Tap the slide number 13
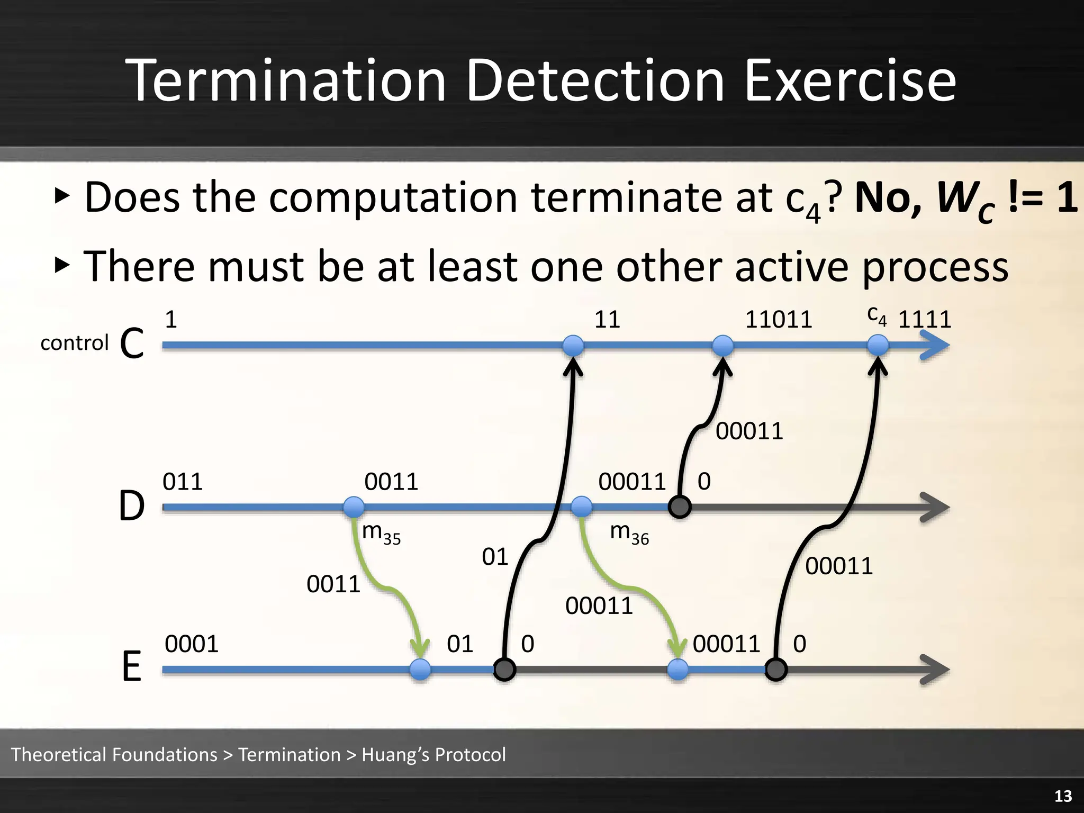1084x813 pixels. tap(1063, 796)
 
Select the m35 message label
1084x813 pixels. tap(381, 533)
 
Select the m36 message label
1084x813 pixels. tap(629, 533)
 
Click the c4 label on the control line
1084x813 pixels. tap(877, 316)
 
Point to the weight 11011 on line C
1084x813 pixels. tap(778, 320)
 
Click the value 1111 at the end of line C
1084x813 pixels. tap(925, 320)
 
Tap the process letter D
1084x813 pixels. tap(131, 507)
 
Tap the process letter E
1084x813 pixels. tap(131, 668)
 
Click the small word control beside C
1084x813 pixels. tap(74, 343)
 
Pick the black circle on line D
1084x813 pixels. tap(680, 507)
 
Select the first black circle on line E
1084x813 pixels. tap(504, 670)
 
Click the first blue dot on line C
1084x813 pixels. tap(573, 346)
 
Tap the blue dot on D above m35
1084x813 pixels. tap(354, 507)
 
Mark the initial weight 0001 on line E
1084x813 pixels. tap(192, 644)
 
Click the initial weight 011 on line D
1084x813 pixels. tap(183, 482)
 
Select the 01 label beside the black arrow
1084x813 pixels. tap(495, 557)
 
